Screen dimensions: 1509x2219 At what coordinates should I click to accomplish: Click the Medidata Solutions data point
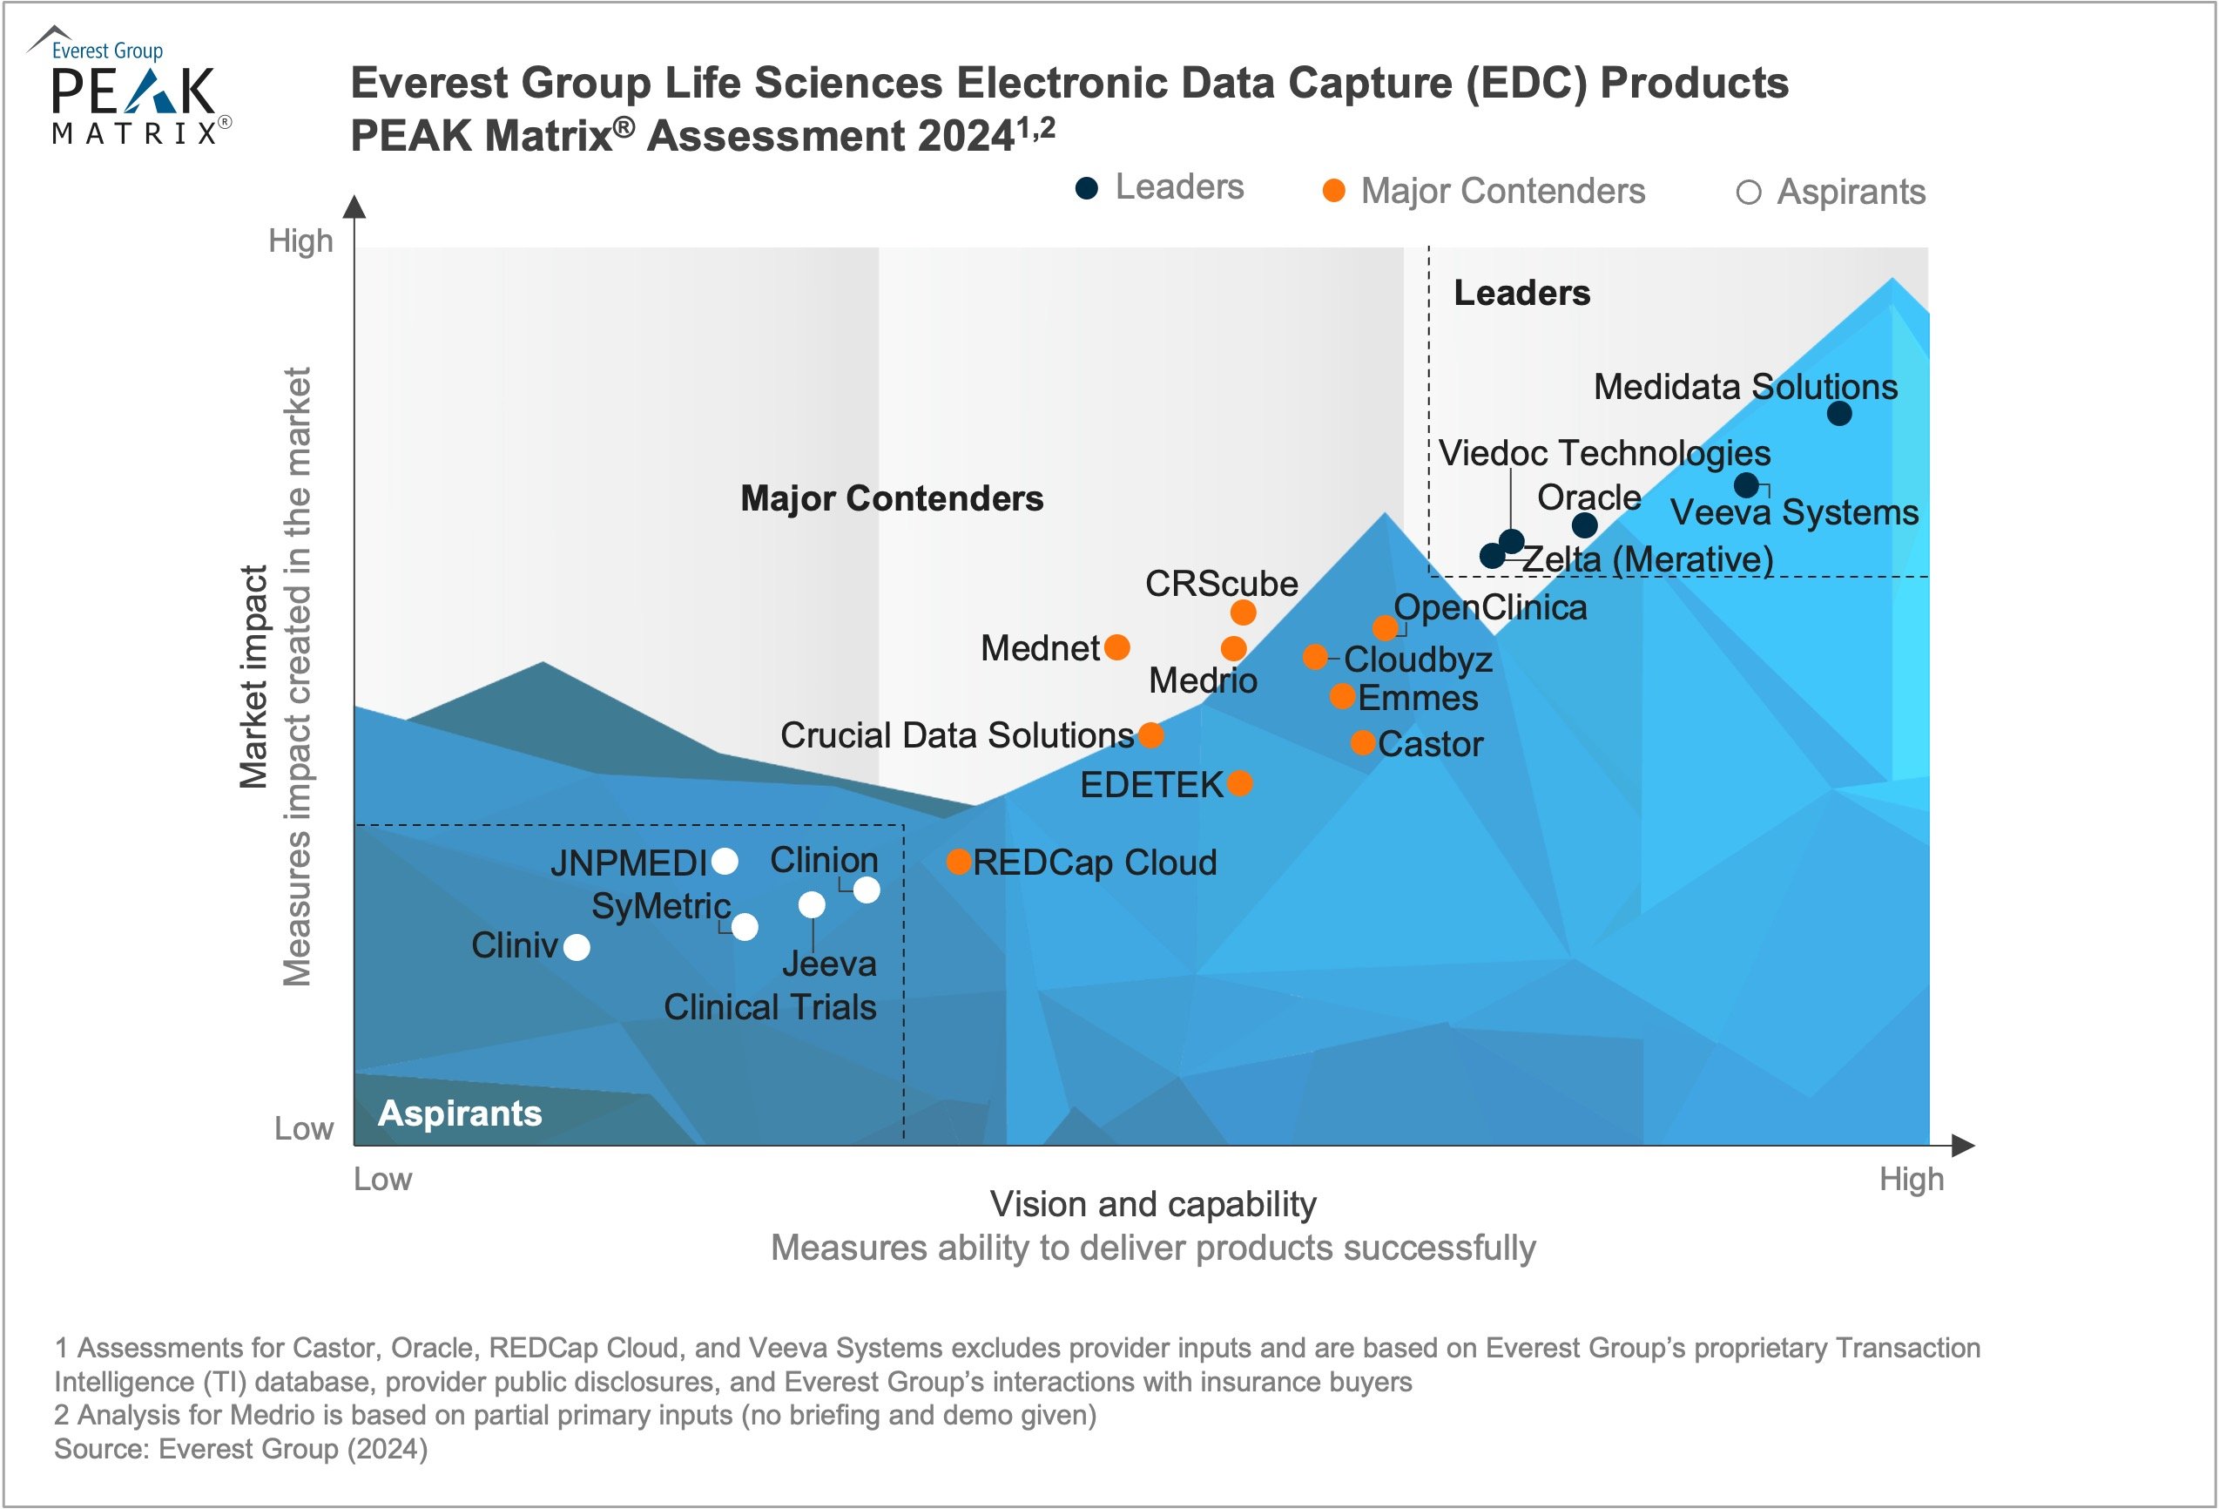(1839, 414)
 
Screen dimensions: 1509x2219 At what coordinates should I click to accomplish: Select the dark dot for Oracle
(1584, 524)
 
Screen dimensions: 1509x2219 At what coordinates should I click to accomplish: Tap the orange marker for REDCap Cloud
(959, 862)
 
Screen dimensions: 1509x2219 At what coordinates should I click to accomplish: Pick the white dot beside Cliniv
(577, 947)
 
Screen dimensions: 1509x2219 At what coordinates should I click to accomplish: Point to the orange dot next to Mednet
(1116, 647)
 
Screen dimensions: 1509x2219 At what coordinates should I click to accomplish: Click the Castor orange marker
(1363, 742)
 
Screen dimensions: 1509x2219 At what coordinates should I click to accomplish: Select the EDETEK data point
(1239, 783)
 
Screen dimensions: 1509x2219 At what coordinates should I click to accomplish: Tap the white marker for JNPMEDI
(725, 862)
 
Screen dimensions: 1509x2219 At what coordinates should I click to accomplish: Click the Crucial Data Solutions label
(957, 735)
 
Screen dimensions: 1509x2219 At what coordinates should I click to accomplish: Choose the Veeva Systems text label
(1793, 513)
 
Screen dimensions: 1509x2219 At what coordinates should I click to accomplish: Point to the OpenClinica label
(1489, 607)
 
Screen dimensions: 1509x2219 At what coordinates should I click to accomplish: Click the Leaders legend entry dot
(1087, 188)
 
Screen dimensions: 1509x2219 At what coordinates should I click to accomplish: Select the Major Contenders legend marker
(1333, 191)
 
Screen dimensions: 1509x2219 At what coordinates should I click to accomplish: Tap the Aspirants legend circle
(1747, 193)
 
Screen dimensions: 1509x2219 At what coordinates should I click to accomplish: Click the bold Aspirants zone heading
(459, 1113)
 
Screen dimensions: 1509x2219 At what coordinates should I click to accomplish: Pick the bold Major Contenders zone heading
(892, 498)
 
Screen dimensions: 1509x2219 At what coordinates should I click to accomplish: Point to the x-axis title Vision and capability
(1152, 1204)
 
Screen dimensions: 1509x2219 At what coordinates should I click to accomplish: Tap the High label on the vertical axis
(300, 240)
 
